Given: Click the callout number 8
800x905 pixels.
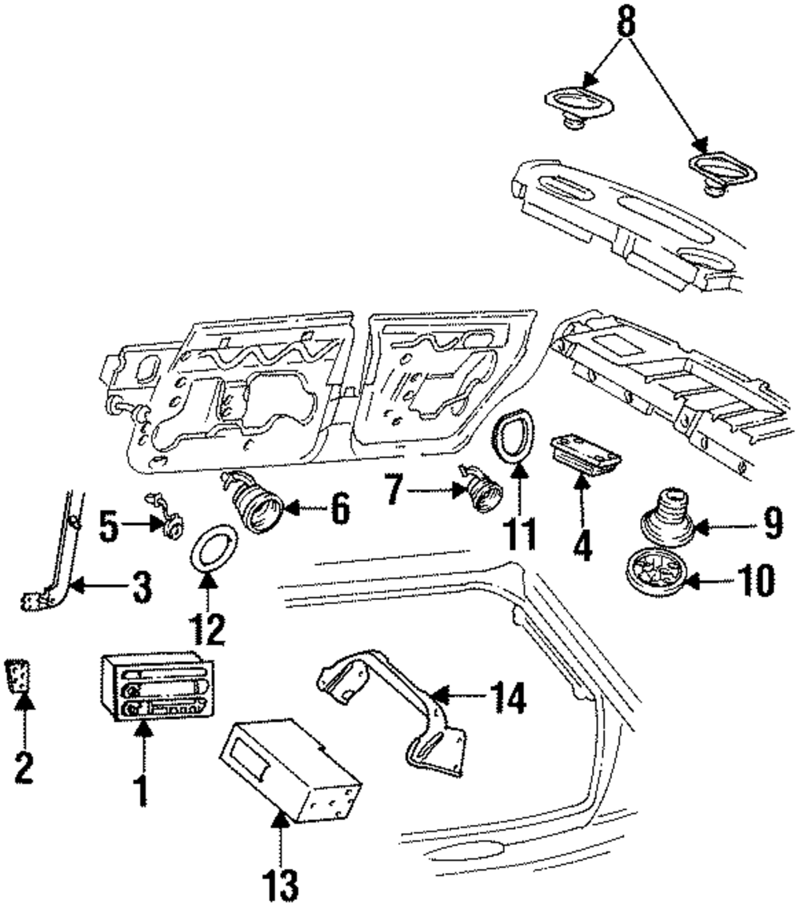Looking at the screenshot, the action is coord(626,22).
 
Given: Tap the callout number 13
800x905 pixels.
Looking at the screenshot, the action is coord(281,887).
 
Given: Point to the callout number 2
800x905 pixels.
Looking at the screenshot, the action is coord(24,767).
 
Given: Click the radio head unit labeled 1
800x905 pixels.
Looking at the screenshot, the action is coord(156,687).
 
